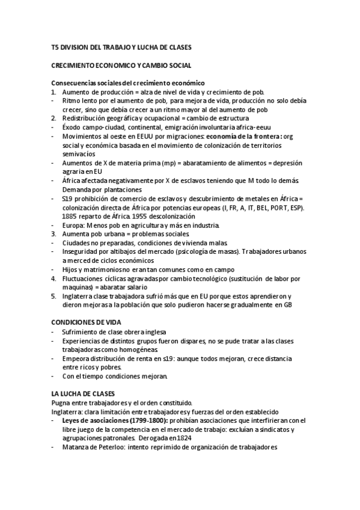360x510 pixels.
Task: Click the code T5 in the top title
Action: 55,47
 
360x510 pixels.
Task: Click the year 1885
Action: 70,216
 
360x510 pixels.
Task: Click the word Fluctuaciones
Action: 83,278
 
